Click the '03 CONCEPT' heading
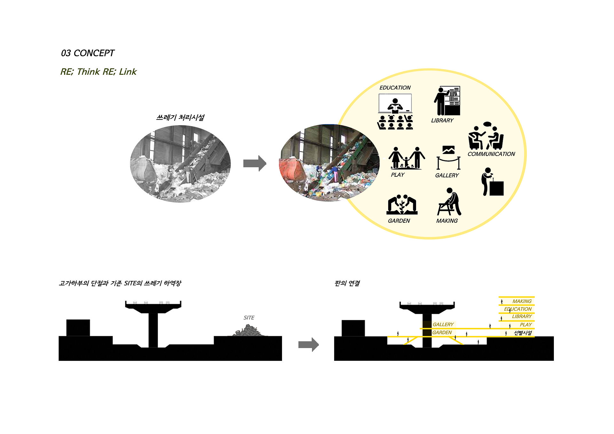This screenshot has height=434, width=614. point(88,53)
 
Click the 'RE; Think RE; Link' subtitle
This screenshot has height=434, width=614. point(98,72)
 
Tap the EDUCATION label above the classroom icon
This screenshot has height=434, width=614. point(395,88)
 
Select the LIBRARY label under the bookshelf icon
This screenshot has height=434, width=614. point(442,120)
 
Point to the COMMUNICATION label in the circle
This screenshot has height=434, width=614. point(491,154)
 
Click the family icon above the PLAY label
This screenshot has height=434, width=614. point(406,158)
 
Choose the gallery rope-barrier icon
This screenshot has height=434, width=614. point(448,158)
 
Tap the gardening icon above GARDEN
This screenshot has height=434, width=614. point(402,205)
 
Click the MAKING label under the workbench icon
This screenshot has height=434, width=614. point(447,221)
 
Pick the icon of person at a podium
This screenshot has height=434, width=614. point(492,182)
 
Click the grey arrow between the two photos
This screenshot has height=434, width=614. point(255,163)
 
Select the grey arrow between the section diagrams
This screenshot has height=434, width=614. point(309,345)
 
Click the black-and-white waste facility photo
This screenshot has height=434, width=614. point(180,163)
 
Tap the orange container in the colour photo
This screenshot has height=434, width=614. point(291,169)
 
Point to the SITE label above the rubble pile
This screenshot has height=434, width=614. point(249,318)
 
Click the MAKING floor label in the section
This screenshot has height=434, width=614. point(522,301)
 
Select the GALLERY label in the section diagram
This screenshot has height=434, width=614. point(443,325)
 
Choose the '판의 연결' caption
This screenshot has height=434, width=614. point(347,283)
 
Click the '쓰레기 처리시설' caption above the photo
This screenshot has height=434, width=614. point(180,117)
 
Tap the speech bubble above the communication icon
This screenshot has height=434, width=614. point(487,124)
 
